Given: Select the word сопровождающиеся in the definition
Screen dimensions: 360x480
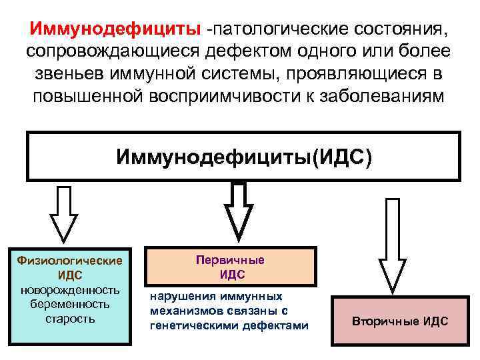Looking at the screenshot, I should (105, 52).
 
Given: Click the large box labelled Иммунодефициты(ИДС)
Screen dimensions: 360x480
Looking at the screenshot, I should (243, 157).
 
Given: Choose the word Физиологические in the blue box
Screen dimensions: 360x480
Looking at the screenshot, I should (70, 261).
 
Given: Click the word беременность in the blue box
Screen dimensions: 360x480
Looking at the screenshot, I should (70, 303).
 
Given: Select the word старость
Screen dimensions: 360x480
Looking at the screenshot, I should (70, 317).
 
